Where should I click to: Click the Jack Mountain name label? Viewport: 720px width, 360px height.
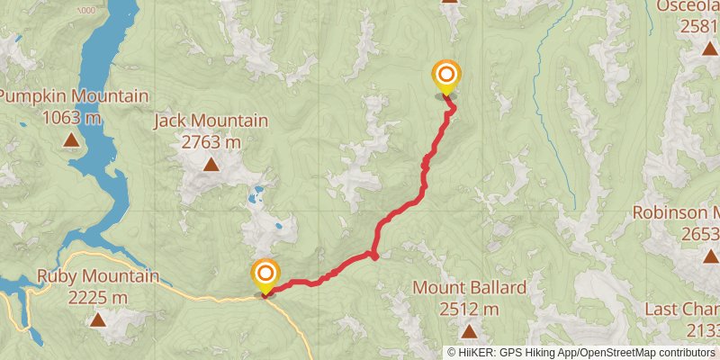[x=211, y=121]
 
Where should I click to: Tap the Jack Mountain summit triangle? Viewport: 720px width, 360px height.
[x=211, y=164]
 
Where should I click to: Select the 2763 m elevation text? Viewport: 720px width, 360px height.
[x=211, y=141]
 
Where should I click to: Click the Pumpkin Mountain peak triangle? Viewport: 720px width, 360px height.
[x=70, y=139]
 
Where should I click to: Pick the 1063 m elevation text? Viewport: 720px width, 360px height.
[x=70, y=117]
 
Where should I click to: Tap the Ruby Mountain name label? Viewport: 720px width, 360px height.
[x=97, y=276]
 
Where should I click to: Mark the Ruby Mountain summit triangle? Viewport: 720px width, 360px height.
[x=97, y=319]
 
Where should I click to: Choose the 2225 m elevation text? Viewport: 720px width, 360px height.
[x=97, y=297]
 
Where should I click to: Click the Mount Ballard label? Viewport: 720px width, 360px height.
[x=469, y=288]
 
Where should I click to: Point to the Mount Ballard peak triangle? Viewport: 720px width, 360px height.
[x=469, y=331]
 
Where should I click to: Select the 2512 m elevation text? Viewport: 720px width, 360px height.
[x=469, y=309]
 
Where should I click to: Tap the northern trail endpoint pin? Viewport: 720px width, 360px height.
[x=445, y=76]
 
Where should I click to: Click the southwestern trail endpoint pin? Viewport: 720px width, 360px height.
[x=265, y=275]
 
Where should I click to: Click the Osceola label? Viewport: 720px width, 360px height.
[x=688, y=6]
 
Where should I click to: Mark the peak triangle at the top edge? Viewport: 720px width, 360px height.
[x=450, y=2]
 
